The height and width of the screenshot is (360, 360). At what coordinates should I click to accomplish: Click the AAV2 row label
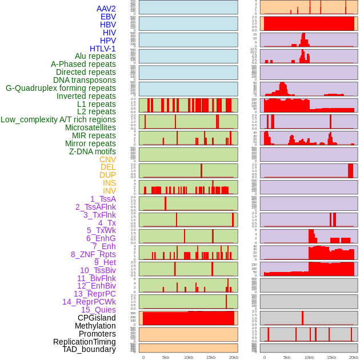106,9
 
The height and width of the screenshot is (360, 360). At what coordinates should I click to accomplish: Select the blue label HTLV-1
103,49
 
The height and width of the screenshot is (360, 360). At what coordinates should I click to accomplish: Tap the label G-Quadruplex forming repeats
61,88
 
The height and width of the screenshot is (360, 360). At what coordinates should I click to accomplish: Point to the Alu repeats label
95,56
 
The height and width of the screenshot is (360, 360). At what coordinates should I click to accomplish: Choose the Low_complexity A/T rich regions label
58,119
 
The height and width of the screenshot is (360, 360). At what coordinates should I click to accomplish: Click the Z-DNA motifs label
93,151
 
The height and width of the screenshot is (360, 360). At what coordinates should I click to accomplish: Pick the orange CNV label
107,159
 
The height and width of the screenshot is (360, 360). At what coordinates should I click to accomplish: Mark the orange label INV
109,191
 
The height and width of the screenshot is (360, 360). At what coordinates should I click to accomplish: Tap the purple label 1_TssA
103,199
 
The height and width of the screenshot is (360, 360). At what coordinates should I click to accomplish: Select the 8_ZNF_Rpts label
93,254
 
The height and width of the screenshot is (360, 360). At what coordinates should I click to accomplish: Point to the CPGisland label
97,318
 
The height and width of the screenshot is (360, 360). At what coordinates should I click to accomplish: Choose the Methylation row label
95,326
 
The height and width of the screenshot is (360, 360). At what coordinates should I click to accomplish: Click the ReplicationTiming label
85,342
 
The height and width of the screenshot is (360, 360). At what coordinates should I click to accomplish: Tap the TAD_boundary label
89,349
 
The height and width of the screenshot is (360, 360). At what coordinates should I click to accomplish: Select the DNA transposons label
85,80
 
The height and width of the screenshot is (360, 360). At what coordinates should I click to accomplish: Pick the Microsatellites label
90,127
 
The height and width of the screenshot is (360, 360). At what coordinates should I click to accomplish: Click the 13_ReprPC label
95,294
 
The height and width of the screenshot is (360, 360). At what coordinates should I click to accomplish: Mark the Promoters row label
97,334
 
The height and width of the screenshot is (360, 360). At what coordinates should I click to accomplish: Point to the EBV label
108,17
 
